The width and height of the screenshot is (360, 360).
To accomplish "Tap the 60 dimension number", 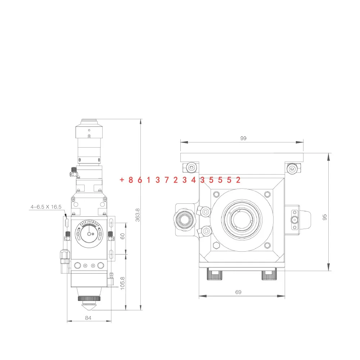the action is pyautogui.click(x=123, y=236).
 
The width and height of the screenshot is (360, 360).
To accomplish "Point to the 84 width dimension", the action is pyautogui.click(x=89, y=318).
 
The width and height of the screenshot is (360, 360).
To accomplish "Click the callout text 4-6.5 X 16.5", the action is pyautogui.click(x=46, y=207).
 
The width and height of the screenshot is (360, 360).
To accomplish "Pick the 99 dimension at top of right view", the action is pyautogui.click(x=243, y=138).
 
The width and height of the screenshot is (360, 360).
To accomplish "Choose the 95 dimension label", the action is pyautogui.click(x=325, y=217).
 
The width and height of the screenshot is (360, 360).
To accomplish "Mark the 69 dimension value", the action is pyautogui.click(x=238, y=292).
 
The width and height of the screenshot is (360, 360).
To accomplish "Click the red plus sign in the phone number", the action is pyautogui.click(x=122, y=180).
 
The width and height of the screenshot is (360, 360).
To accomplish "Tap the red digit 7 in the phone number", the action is pyautogui.click(x=166, y=180).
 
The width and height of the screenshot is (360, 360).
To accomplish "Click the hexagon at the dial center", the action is pyautogui.click(x=89, y=233).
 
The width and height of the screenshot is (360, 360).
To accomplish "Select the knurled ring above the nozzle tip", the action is pyautogui.click(x=89, y=299).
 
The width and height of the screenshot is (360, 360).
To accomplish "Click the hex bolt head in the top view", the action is pyautogui.click(x=216, y=246).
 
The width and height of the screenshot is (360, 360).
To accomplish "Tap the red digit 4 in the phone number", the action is pyautogui.click(x=193, y=180).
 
